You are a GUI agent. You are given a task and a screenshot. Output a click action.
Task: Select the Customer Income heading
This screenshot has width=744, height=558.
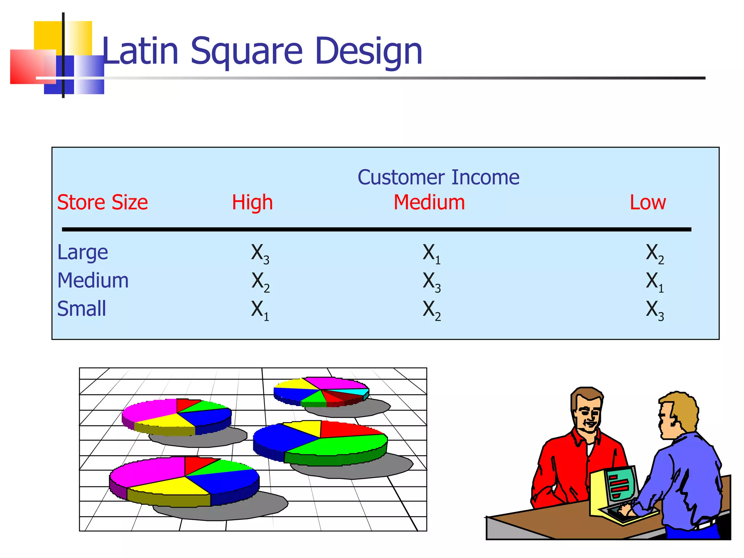pos(438,177)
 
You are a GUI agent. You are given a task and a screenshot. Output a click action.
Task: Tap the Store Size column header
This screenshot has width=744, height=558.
pos(102,202)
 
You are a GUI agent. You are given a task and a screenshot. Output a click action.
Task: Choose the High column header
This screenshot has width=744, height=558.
pos(252,202)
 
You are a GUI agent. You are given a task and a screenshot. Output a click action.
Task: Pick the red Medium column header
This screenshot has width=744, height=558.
pos(429,202)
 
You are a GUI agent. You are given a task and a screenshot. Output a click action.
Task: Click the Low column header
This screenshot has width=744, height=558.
pos(647,202)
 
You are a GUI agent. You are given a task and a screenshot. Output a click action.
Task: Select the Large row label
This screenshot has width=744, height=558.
pos(82,252)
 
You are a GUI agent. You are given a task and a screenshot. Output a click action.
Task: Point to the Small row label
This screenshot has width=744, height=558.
pos(81,309)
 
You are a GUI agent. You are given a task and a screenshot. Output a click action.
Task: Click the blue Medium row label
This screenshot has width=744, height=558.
pos(93,280)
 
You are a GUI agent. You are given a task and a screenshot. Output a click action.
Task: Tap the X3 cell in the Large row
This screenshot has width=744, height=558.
pos(260,253)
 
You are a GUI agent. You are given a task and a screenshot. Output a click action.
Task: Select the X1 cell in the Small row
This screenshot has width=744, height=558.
pos(260,310)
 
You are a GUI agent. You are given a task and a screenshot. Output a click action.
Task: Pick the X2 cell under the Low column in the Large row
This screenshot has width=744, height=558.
pos(655,253)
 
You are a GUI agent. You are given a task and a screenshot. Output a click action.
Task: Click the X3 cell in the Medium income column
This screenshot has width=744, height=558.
pos(432,282)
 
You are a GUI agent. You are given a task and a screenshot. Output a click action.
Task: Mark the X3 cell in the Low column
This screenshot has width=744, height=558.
pos(655,310)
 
